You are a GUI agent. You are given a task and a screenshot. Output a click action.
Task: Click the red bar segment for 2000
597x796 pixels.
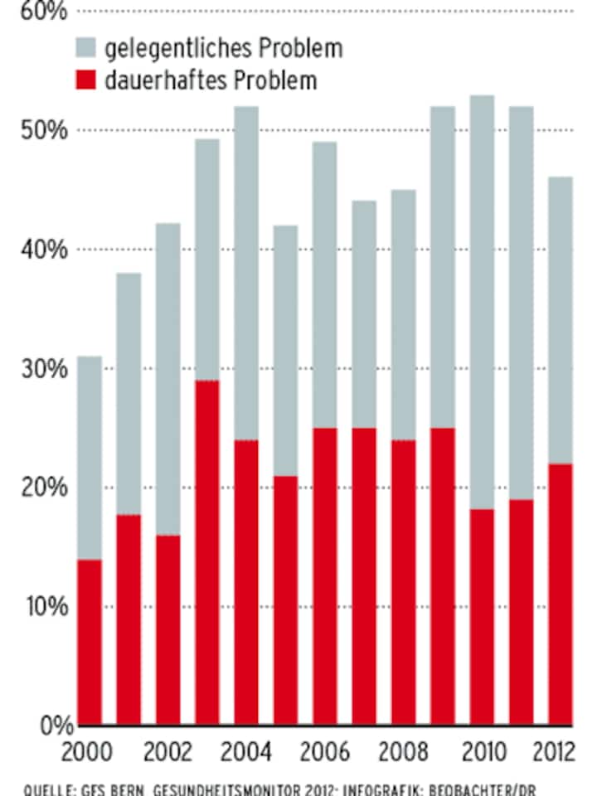(90, 643)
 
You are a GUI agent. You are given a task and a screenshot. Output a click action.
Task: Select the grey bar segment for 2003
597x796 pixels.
(207, 260)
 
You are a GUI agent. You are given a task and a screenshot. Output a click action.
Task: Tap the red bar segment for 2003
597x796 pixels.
(207, 553)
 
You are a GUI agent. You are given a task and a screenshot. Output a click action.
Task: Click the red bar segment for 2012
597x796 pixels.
(561, 595)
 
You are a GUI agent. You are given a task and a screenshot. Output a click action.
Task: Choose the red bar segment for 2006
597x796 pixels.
(325, 576)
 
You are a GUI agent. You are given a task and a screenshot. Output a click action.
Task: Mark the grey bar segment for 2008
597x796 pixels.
(404, 315)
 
